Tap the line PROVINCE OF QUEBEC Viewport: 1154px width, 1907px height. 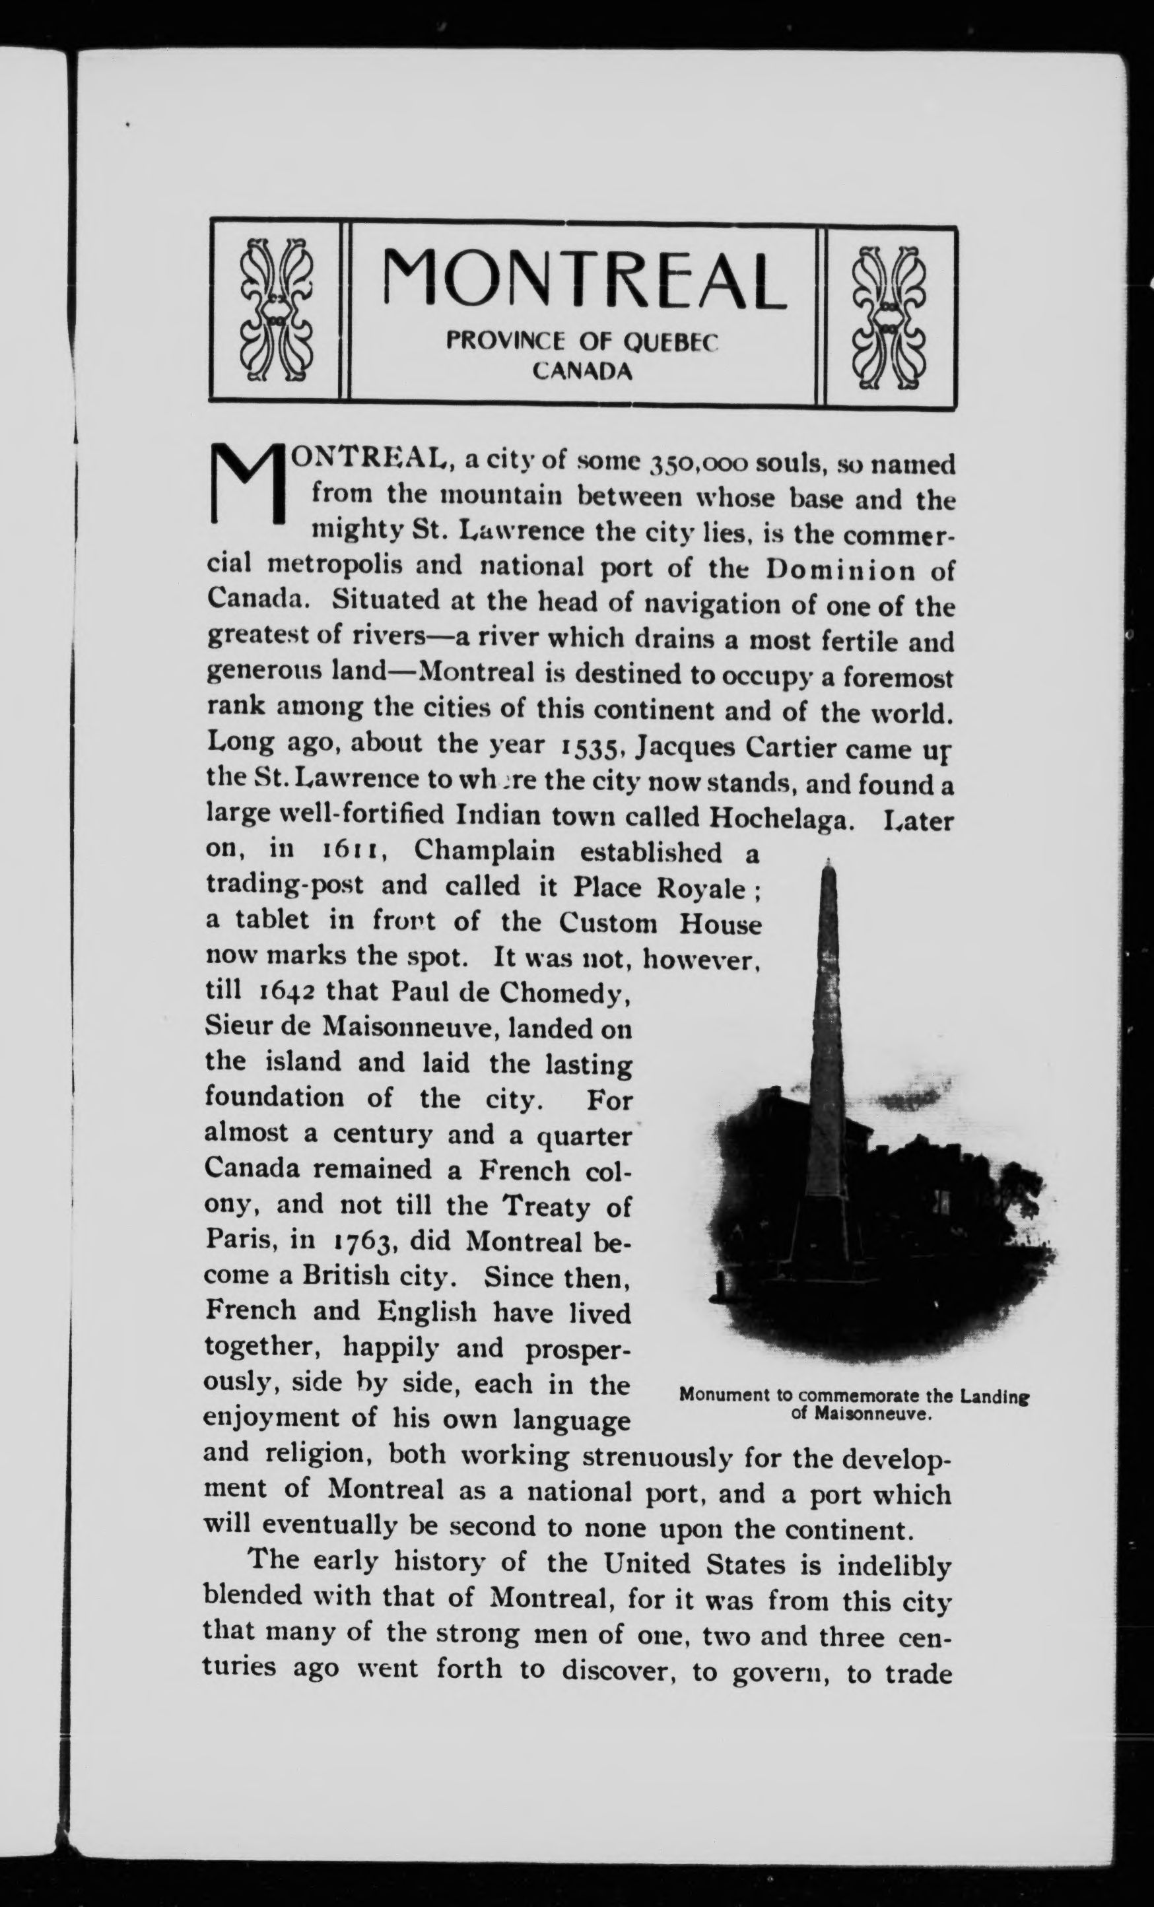583,341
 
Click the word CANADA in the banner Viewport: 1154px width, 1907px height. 583,372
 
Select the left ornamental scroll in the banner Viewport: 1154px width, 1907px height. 277,313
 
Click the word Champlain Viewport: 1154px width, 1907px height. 485,852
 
